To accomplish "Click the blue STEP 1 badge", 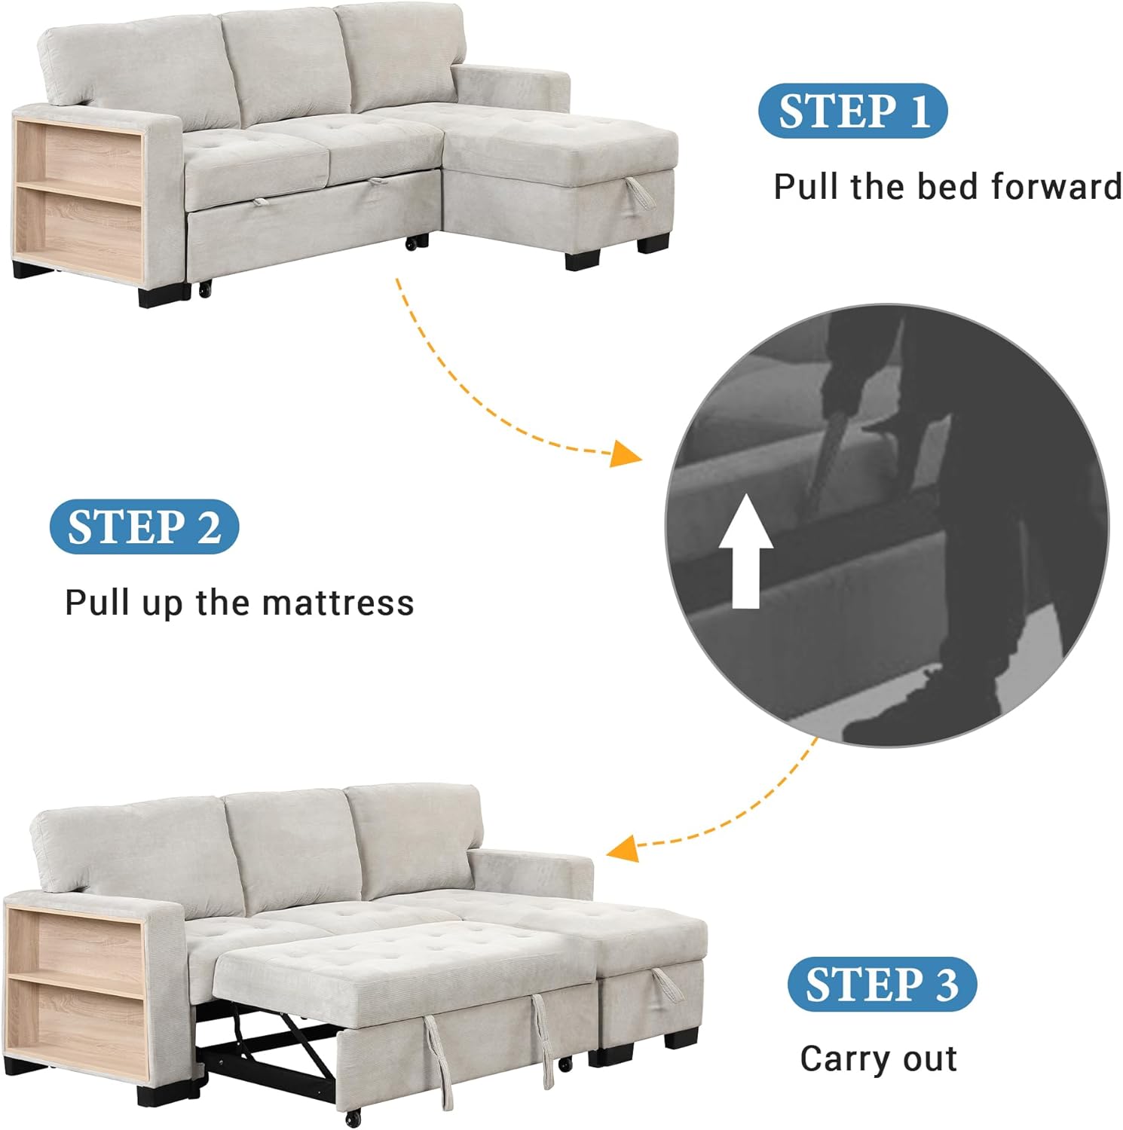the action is point(852,111).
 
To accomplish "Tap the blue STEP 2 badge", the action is point(144,527).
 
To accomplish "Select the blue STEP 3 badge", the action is point(882,984).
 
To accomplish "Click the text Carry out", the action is point(879,1058).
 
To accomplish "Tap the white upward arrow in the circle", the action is point(745,551).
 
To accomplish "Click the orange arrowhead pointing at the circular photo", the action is point(625,454).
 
